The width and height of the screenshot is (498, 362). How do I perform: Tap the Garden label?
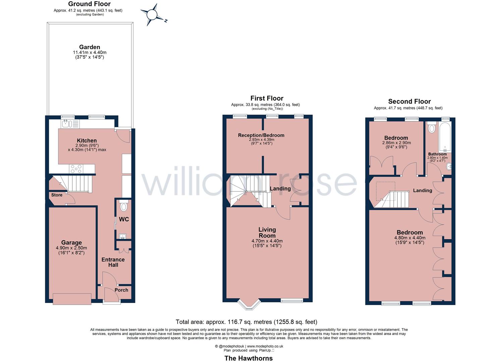point(90,47)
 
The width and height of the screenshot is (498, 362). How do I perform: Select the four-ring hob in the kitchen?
point(76,169)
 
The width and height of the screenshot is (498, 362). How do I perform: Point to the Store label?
point(57,195)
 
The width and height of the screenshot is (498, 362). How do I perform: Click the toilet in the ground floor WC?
point(123,206)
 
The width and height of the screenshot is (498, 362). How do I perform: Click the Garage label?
point(71,243)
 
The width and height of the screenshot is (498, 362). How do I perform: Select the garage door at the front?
point(72,299)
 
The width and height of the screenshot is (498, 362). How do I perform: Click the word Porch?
point(121,290)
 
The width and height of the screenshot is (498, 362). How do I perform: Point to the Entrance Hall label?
point(113,262)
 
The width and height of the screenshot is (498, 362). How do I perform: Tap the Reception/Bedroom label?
point(261,135)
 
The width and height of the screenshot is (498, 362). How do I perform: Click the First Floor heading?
point(267,98)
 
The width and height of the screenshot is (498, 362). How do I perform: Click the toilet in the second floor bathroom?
point(432,128)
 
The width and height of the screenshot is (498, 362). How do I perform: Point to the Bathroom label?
point(437,154)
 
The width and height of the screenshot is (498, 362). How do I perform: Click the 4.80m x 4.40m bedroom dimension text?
point(409,238)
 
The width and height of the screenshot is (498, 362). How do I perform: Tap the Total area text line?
point(246,322)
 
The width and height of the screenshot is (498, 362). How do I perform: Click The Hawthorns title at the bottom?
point(248,358)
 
